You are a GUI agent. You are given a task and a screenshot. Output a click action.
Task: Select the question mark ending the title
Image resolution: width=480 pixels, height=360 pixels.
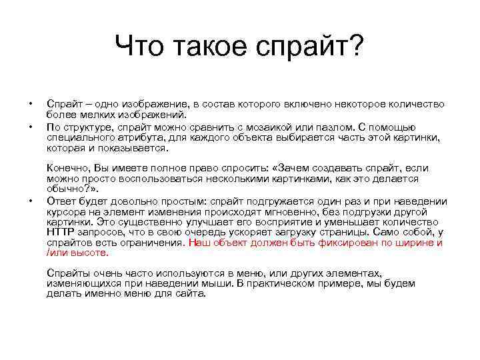[357, 47]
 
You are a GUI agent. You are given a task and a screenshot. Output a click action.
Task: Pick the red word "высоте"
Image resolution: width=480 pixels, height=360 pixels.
[91, 253]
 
